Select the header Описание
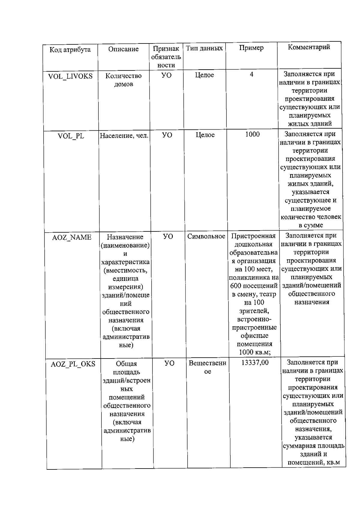pos(123,49)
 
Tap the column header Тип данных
pos(204,48)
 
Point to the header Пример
pos(251,48)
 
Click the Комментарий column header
pos(309,47)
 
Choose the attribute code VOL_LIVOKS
pos(70,76)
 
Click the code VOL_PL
pos(71,136)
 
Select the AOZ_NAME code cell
pos(72,237)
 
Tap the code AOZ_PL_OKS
pos(73,364)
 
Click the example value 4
pos(251,74)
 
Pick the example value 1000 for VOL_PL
pos(252,134)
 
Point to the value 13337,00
pos(255,363)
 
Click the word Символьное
pos(206,236)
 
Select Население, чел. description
pos(124,136)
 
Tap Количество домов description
pos(123,80)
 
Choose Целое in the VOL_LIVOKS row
pos(204,75)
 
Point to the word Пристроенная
pos(253,236)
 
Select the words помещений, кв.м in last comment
pos(313,462)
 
